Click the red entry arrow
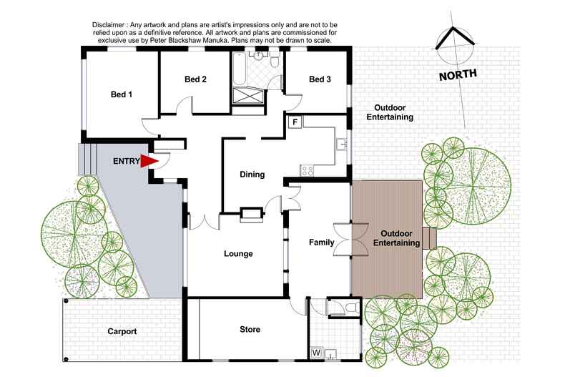(149, 161)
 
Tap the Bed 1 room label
(122, 94)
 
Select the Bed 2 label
(195, 79)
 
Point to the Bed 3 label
(320, 79)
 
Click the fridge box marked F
(295, 122)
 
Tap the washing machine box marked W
(316, 353)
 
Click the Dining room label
(252, 175)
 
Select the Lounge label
(238, 254)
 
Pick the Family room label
(321, 243)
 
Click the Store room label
(250, 329)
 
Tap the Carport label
(122, 332)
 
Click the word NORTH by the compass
(458, 74)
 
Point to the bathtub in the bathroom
(239, 69)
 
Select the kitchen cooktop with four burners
(308, 170)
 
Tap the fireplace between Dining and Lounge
(252, 213)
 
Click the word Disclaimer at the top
(108, 25)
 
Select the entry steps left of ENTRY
(87, 159)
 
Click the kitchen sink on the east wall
(342, 145)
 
